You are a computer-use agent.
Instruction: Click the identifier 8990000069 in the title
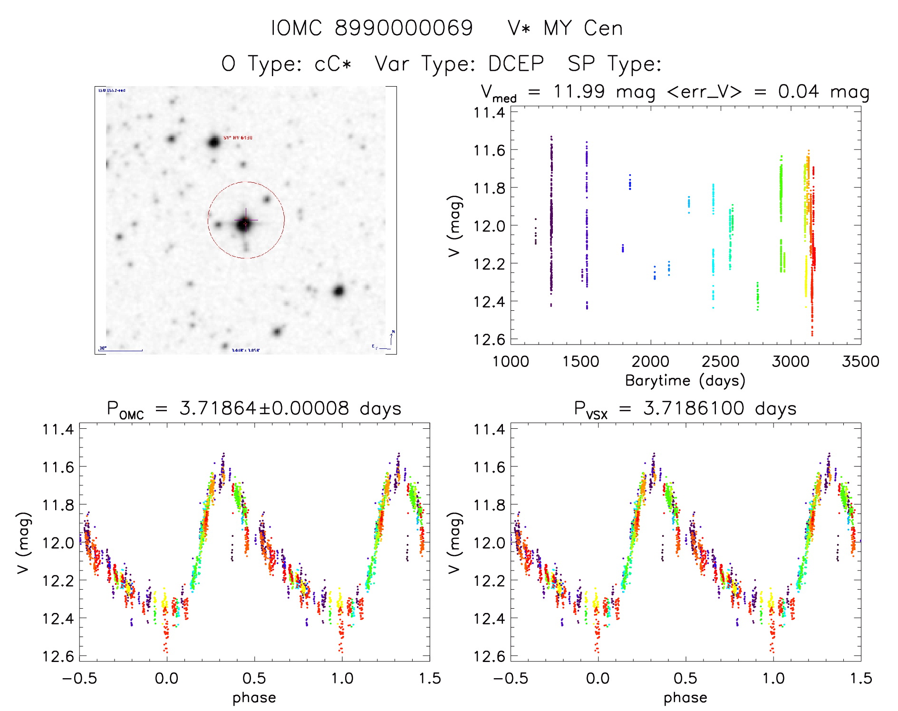(x=404, y=28)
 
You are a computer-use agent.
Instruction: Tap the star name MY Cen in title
(x=583, y=29)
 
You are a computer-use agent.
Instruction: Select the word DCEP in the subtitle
(x=516, y=63)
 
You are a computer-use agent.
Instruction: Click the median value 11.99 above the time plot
(x=579, y=91)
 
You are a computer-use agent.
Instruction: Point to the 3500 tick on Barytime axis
(x=860, y=361)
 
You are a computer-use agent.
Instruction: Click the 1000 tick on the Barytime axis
(x=511, y=361)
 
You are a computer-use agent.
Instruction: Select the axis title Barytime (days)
(x=685, y=381)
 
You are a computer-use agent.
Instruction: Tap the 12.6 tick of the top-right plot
(x=489, y=339)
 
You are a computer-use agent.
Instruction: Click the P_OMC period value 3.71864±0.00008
(x=264, y=408)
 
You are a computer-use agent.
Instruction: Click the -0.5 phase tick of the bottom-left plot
(x=79, y=678)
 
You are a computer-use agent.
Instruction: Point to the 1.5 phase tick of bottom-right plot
(x=860, y=678)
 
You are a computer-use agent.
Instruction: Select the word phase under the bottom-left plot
(x=254, y=698)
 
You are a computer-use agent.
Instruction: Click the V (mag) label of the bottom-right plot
(x=454, y=543)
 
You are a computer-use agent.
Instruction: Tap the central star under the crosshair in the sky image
(x=244, y=223)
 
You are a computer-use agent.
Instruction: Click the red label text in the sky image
(x=238, y=138)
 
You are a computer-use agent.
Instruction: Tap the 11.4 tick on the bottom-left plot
(x=58, y=429)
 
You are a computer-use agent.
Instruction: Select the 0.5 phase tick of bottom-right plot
(x=685, y=678)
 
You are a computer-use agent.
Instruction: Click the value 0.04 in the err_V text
(x=799, y=91)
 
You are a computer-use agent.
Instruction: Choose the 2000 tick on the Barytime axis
(x=650, y=361)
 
